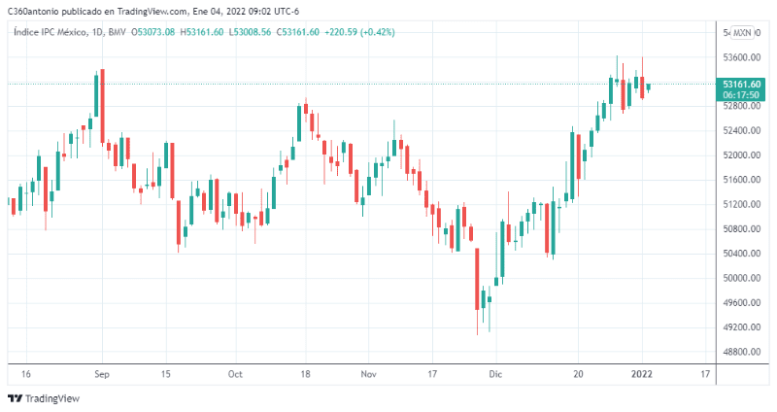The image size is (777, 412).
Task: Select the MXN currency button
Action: click(x=743, y=32)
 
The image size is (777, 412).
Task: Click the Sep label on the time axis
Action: click(x=102, y=373)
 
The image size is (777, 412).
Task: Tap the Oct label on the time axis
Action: click(x=234, y=373)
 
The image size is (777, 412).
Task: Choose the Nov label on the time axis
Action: click(x=367, y=373)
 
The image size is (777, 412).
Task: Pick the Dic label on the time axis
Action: click(x=495, y=373)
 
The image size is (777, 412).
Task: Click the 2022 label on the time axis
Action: click(x=642, y=373)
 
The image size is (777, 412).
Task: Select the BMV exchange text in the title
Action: click(x=118, y=32)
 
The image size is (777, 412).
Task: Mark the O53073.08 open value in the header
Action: click(x=156, y=32)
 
